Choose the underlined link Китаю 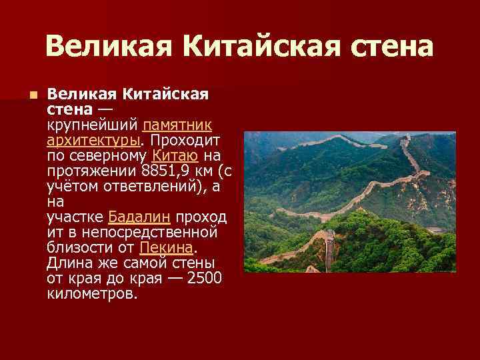click(175, 155)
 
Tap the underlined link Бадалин click(139, 217)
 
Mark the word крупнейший click(92, 125)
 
